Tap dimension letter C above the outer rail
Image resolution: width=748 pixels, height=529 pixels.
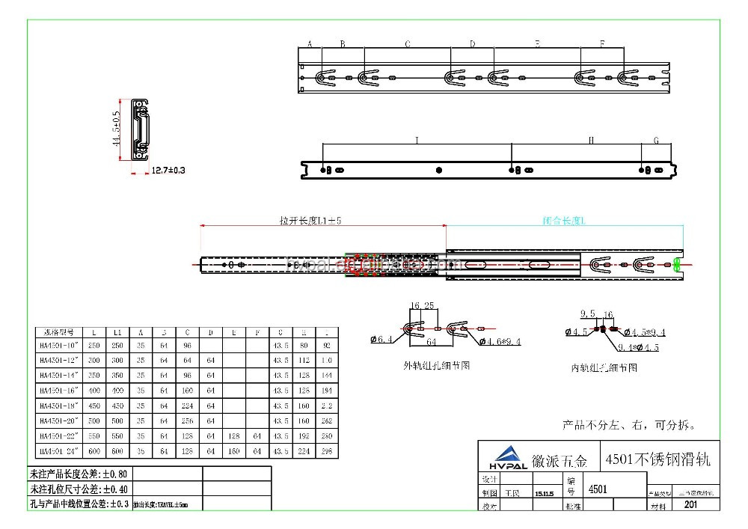pos(408,44)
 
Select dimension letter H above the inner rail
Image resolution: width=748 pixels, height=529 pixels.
pos(591,140)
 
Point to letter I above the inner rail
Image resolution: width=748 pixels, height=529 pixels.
pos(417,140)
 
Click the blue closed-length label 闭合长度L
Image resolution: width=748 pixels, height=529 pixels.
pos(565,221)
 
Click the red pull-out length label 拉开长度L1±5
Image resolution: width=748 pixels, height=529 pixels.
pos(310,221)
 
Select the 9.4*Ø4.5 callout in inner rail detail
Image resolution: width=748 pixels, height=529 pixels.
pos(632,347)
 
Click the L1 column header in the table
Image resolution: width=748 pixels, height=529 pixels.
pos(117,331)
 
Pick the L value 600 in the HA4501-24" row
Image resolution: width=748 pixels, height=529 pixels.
pos(93,451)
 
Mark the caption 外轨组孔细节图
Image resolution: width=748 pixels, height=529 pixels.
pos(437,365)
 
